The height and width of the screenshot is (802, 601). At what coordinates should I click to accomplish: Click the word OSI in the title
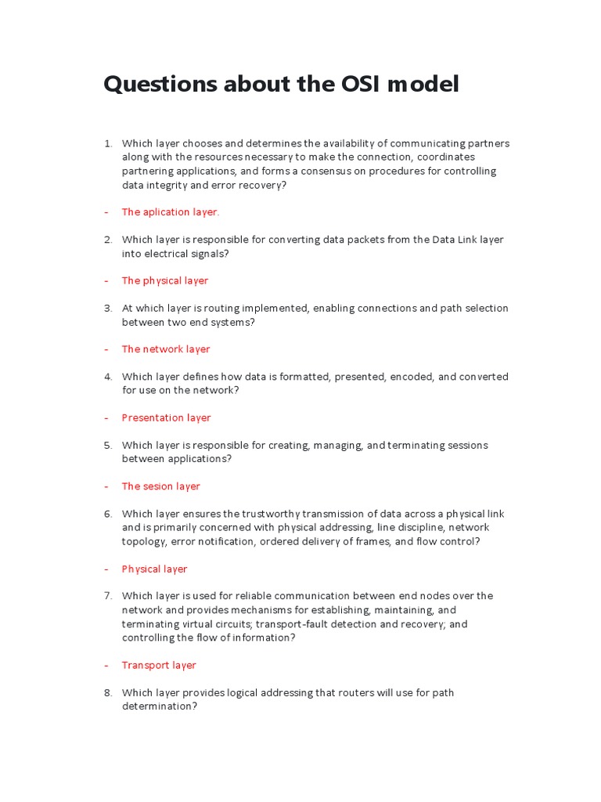coord(362,85)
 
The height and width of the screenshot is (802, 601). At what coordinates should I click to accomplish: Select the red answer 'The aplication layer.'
coord(171,212)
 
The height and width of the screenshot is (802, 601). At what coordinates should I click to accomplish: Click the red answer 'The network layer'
coord(166,349)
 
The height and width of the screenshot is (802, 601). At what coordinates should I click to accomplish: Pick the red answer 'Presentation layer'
coord(166,417)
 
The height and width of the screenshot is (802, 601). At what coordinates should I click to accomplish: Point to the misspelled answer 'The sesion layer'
coord(160,486)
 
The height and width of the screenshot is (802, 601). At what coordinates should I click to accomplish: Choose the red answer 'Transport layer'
coord(159,665)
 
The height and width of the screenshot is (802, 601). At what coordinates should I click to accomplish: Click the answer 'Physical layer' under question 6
coord(154,569)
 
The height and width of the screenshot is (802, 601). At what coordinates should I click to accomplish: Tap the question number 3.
coord(108,308)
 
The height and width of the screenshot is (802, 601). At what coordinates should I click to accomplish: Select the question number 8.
coord(108,692)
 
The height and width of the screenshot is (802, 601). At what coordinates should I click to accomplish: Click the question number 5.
coord(108,445)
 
